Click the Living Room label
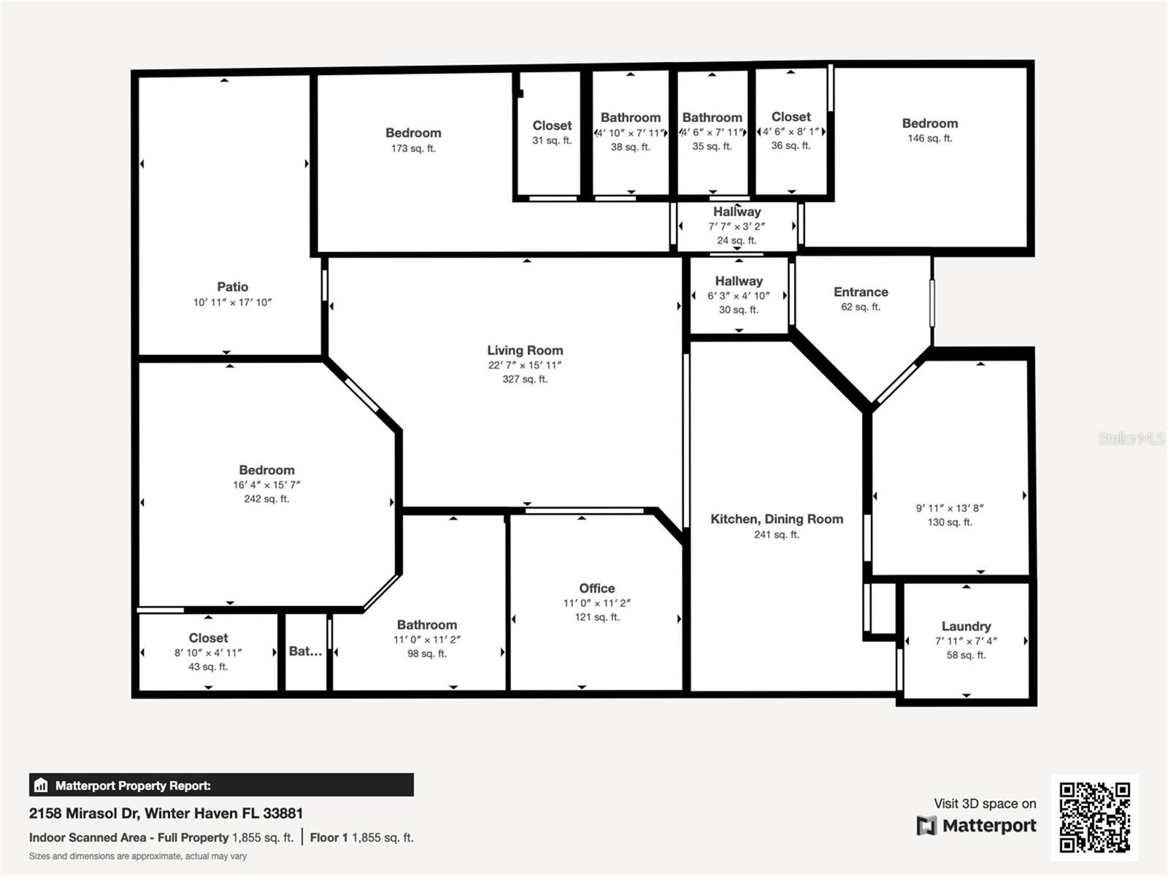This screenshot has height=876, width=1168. tap(525, 350)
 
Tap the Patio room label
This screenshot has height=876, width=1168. tap(232, 287)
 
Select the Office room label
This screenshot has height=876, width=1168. tap(596, 588)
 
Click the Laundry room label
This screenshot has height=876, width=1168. tap(966, 626)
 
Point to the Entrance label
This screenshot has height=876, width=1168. tap(861, 292)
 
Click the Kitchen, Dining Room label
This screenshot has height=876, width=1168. tap(776, 519)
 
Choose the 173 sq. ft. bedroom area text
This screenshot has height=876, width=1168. tap(413, 148)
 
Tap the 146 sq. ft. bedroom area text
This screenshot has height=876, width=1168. tap(929, 138)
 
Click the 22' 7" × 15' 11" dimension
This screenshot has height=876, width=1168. tap(525, 365)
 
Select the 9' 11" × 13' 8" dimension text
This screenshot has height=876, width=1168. tap(950, 508)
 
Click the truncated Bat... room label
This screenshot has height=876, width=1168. tap(305, 651)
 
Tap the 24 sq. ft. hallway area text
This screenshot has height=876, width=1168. tap(737, 240)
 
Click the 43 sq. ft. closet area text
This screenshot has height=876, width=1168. tap(208, 666)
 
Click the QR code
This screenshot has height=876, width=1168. tap(1094, 817)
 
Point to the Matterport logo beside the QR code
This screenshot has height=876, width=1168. tap(976, 826)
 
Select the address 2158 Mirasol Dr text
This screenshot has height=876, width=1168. tap(166, 813)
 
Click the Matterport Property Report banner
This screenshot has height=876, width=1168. tap(221, 785)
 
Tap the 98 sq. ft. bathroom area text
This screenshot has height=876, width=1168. tap(426, 653)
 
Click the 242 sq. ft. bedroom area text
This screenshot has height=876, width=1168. tap(266, 499)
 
